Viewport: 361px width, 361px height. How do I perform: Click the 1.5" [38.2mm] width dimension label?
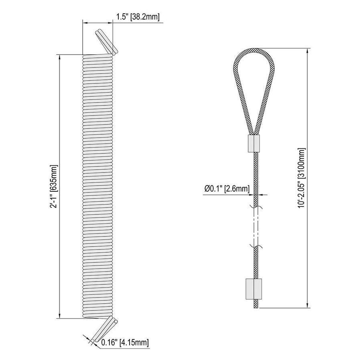[138, 17]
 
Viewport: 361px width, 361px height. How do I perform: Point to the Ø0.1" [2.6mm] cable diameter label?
[227, 189]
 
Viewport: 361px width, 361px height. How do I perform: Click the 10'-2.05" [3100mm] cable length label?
[302, 178]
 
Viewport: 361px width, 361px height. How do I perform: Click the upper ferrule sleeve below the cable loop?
[254, 144]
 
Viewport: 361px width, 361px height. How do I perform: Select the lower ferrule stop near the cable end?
[254, 289]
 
